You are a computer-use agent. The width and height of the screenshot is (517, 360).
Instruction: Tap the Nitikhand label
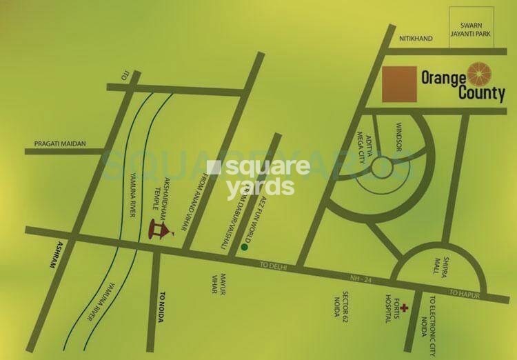point(416,39)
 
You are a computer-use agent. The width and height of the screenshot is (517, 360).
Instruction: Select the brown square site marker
point(398,84)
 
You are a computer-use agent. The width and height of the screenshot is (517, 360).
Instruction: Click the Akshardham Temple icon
point(159,230)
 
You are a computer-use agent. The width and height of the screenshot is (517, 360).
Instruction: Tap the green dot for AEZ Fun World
point(243,246)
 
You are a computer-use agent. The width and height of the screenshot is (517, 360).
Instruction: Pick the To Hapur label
point(465,293)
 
